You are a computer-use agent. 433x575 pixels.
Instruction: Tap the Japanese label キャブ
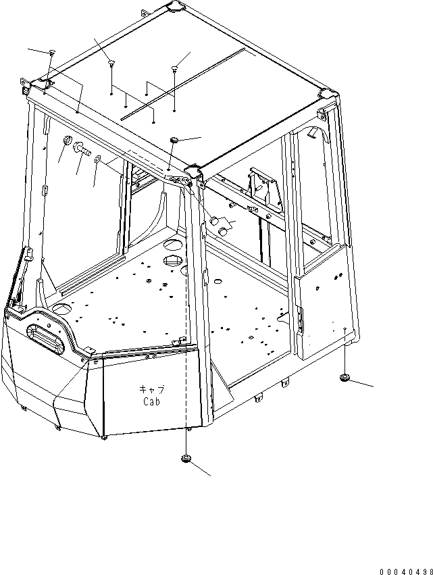point(152,389)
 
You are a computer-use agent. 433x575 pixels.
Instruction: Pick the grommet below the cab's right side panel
point(346,377)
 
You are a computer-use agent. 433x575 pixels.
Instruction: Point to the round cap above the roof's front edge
point(174,139)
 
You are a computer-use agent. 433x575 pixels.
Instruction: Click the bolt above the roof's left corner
point(51,53)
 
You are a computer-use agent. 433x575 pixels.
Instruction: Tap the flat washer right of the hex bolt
point(98,160)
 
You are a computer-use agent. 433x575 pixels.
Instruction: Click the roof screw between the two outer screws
point(111,64)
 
